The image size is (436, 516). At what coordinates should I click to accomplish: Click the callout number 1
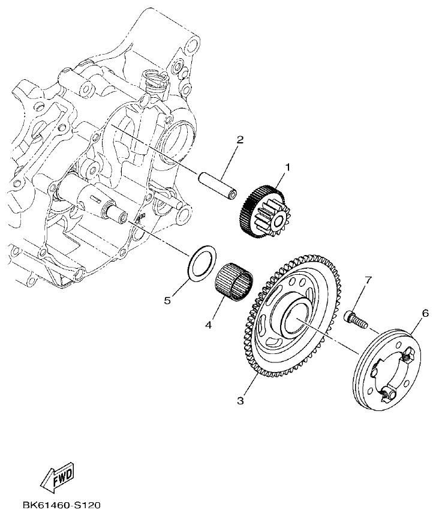pos(287,168)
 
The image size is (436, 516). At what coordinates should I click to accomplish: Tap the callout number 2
pos(239,140)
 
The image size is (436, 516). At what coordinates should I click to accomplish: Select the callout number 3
pos(240,401)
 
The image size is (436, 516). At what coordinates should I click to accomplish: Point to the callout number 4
pos(208,325)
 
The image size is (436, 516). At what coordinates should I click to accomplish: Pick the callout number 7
pos(368,280)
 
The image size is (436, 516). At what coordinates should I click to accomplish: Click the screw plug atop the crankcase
pos(155,80)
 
